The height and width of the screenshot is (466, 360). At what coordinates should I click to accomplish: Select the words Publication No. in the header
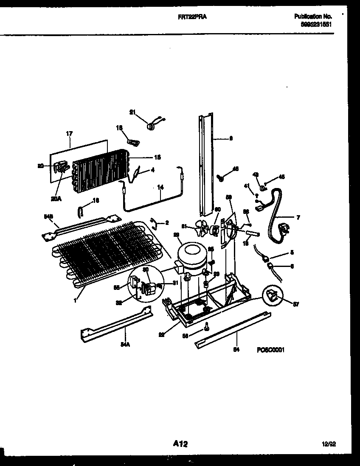[313, 16]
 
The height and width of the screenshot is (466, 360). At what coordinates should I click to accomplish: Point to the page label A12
[180, 444]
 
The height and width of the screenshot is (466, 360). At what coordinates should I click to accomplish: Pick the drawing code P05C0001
[270, 350]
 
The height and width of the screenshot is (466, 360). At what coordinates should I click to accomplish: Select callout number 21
[132, 112]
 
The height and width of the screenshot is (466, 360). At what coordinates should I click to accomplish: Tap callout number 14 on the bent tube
[160, 186]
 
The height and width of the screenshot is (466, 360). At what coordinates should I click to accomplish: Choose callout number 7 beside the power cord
[298, 218]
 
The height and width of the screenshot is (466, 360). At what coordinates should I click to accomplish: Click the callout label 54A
[124, 344]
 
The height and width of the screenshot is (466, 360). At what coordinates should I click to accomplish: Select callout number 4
[153, 171]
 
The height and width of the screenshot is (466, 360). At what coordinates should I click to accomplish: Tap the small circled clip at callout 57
[271, 294]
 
